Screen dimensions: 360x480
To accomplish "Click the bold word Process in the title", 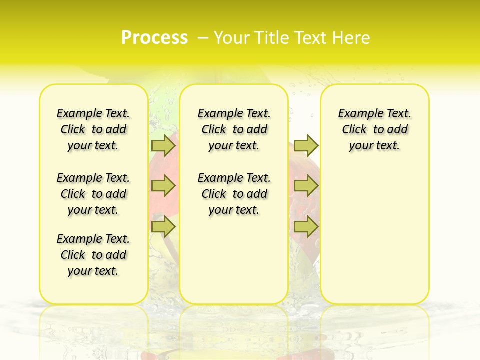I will click(x=154, y=38).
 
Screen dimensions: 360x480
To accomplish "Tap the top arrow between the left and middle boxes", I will click(x=163, y=145).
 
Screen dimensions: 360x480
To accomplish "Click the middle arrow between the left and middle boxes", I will click(x=163, y=186).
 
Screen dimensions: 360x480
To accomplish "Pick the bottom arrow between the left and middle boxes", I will click(x=163, y=226).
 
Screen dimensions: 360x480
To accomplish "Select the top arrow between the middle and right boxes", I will click(x=306, y=145).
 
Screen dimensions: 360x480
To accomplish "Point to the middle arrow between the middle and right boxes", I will click(x=306, y=186).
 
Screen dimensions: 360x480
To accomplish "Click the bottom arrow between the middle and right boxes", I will click(x=306, y=226).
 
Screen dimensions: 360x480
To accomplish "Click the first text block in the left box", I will click(x=93, y=129).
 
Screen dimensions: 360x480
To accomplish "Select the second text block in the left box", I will click(x=93, y=194).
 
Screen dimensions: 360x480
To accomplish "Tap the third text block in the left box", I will click(x=93, y=255).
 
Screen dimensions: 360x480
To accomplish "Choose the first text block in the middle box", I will click(x=234, y=129).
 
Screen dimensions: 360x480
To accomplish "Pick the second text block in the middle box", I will click(x=234, y=194).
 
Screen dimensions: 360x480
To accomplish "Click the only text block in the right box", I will click(x=375, y=129).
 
